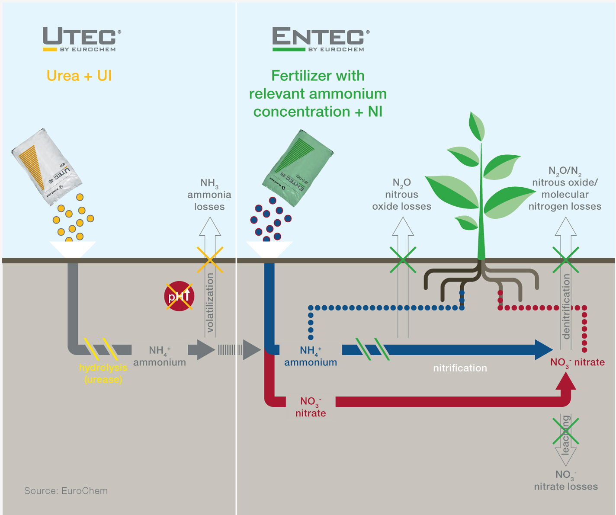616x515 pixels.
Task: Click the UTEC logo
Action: pos(81,39)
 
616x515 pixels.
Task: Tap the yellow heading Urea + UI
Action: pos(79,76)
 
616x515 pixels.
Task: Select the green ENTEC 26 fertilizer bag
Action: pos(298,166)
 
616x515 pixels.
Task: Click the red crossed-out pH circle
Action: pos(179,296)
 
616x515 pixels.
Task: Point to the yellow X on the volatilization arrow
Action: pos(210,259)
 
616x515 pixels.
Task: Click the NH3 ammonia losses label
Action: pos(209,195)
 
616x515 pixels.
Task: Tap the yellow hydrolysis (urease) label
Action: pos(103,373)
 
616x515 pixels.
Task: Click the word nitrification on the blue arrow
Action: pos(460,368)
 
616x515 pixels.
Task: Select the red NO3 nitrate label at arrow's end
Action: pos(577,362)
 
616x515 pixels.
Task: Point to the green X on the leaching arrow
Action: pos(565,431)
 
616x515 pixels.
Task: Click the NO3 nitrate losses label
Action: pos(565,480)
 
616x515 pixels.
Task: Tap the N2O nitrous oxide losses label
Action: pos(402,195)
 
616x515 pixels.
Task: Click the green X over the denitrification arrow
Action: pos(565,260)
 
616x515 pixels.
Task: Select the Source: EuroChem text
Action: pos(66,491)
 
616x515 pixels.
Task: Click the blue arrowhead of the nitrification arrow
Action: pos(544,350)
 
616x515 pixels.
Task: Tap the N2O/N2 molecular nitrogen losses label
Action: pos(565,189)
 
